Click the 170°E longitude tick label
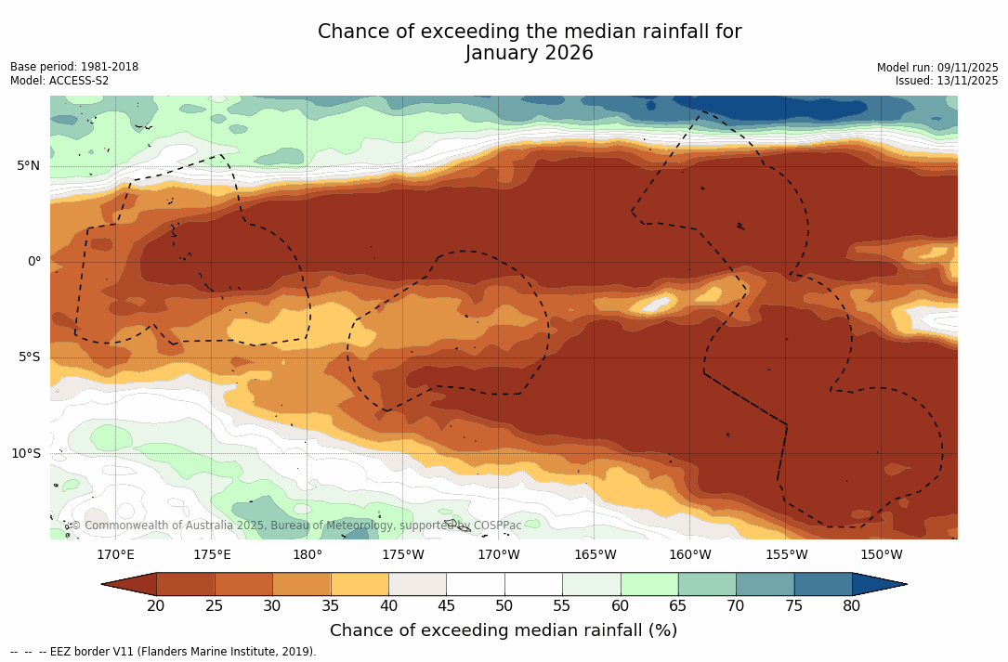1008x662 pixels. click(x=115, y=555)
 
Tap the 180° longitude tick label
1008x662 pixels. click(x=308, y=555)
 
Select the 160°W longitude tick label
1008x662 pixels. click(x=690, y=555)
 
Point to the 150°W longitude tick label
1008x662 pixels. click(x=882, y=555)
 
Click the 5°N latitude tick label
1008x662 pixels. click(x=29, y=166)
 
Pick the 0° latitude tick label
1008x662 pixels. click(x=34, y=262)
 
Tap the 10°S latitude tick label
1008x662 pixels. click(x=26, y=454)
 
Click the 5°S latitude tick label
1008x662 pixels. click(x=29, y=357)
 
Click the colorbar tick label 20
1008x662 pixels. click(x=156, y=606)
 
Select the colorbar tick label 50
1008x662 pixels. click(x=504, y=606)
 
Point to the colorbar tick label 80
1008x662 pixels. click(x=851, y=606)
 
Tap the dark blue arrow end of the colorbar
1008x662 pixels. click(x=878, y=584)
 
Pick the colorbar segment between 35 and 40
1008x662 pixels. click(x=360, y=584)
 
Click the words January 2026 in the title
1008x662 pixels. click(x=529, y=53)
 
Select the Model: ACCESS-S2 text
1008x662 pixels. click(x=59, y=81)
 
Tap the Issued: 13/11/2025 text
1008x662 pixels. click(x=947, y=81)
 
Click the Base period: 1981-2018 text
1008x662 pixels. click(x=74, y=67)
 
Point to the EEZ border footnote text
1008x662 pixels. click(x=164, y=652)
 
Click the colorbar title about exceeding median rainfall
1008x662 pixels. click(x=504, y=631)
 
